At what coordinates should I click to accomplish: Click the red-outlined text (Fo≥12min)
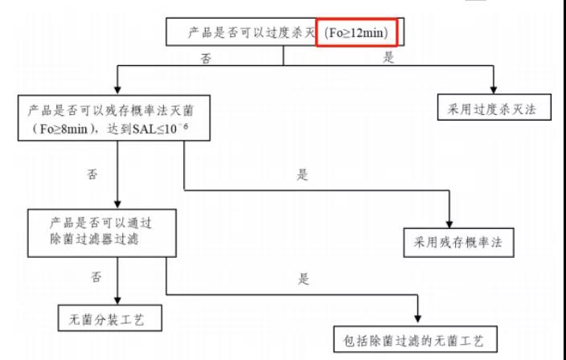(356, 35)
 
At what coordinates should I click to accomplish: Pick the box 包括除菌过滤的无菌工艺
(420, 337)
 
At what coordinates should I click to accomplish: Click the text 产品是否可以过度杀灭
(250, 35)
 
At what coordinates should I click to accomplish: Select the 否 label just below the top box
(207, 58)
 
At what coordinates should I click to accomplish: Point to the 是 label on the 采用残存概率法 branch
(303, 176)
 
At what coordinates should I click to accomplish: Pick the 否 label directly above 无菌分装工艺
(96, 277)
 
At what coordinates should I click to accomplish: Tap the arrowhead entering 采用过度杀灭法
(494, 88)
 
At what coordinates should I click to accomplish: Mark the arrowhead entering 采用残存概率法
(449, 225)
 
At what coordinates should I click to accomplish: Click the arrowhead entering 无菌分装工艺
(117, 300)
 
